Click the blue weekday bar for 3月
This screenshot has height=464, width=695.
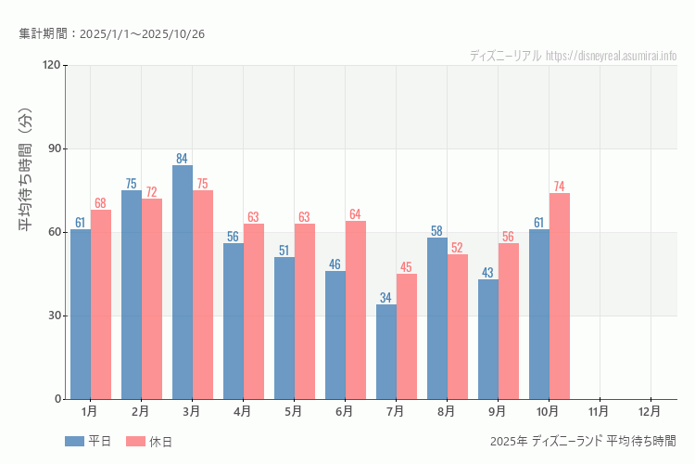click(183, 282)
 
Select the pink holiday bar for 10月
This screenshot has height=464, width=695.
click(560, 296)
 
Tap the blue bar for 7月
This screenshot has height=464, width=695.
click(386, 352)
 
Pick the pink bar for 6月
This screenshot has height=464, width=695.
click(356, 310)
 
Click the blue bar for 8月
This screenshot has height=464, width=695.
click(437, 318)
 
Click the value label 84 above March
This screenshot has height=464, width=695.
click(183, 158)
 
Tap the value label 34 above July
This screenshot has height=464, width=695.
click(386, 297)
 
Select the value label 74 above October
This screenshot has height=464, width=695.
click(560, 186)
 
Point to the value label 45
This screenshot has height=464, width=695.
click(407, 266)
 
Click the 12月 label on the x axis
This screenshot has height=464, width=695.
click(650, 410)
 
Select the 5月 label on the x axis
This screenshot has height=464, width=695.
click(293, 410)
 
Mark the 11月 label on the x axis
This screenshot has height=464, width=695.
click(599, 410)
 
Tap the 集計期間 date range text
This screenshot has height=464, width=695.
click(111, 33)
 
